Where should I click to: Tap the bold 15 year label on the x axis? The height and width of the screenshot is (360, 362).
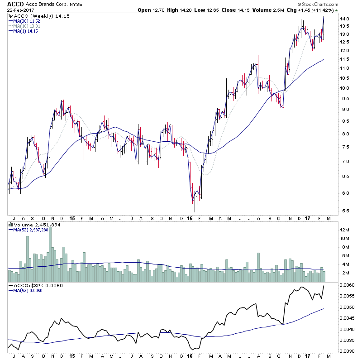[72, 218]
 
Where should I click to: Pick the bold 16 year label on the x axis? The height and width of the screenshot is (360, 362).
[190, 218]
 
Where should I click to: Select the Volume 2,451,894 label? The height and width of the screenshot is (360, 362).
[34, 225]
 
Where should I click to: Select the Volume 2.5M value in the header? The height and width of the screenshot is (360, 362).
[267, 10]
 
